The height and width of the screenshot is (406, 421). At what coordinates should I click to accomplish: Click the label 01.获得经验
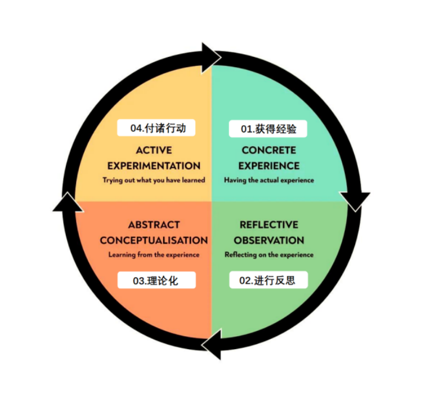(268, 129)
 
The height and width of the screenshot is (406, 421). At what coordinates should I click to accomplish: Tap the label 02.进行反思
(268, 280)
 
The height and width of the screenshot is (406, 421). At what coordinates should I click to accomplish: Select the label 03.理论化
(156, 280)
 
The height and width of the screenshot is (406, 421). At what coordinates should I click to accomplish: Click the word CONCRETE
(268, 151)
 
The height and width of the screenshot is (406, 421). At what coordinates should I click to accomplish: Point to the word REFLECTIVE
(268, 224)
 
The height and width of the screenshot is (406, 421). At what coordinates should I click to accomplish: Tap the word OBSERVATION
(268, 240)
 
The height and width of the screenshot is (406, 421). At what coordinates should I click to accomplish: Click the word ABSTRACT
(154, 224)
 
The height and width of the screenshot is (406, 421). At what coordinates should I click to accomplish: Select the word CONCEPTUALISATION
(154, 240)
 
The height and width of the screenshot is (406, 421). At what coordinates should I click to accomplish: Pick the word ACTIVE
(154, 151)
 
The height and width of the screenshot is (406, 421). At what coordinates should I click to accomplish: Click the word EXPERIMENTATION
(154, 166)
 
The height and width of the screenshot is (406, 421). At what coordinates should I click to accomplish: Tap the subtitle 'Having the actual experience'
(268, 180)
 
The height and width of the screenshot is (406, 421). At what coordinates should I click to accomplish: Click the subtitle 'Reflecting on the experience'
(268, 255)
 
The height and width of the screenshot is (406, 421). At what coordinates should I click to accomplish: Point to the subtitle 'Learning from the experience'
(154, 255)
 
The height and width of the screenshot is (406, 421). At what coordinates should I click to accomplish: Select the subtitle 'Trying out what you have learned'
(154, 180)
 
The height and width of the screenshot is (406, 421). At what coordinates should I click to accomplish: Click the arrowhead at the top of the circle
(211, 56)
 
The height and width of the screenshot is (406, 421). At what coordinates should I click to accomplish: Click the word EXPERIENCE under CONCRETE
(268, 166)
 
